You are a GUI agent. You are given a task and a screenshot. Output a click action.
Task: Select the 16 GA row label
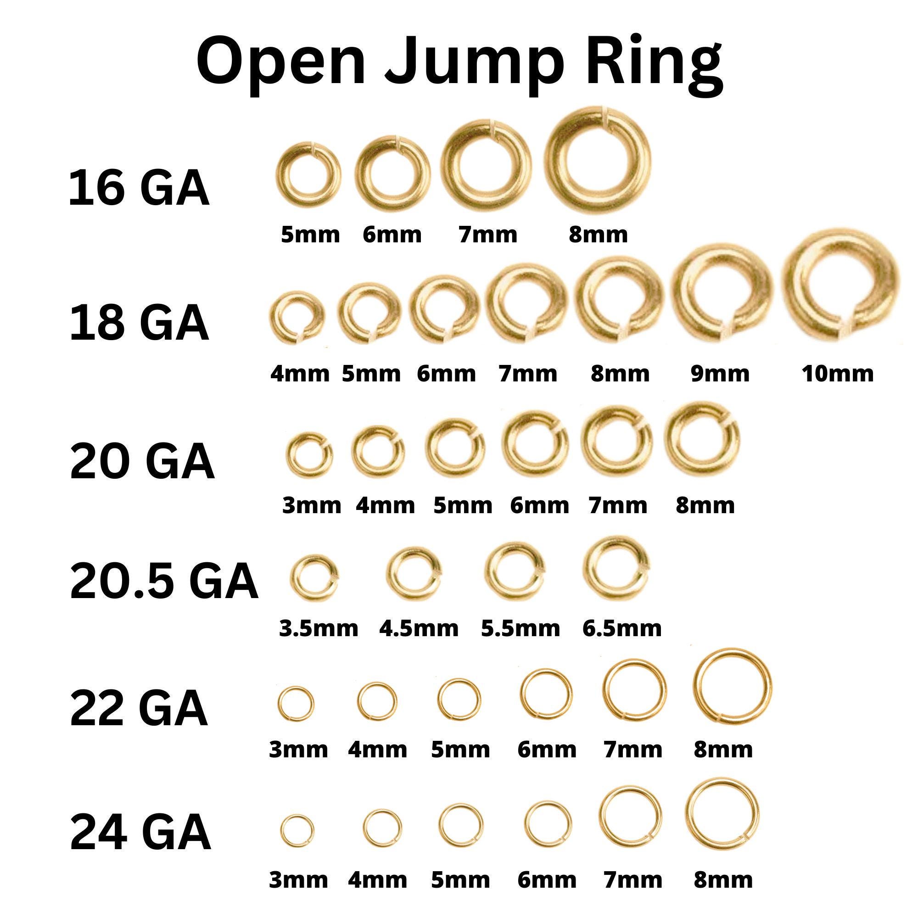[139, 189]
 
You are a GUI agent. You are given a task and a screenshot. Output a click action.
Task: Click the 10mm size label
[838, 374]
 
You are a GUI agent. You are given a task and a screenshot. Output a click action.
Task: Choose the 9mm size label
[720, 374]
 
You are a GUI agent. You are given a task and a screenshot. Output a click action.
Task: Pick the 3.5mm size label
[319, 629]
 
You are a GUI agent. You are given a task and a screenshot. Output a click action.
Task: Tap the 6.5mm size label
[622, 629]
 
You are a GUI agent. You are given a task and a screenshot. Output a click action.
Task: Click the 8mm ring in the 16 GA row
[597, 161]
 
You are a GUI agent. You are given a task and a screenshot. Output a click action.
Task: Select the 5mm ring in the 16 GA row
[308, 175]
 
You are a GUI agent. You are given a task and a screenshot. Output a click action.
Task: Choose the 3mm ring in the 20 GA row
[309, 455]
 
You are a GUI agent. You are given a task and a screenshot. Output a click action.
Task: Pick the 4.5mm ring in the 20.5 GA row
[413, 571]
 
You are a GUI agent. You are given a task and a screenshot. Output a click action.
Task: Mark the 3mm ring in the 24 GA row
[297, 830]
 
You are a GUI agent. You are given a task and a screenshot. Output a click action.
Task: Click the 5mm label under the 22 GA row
[460, 750]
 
